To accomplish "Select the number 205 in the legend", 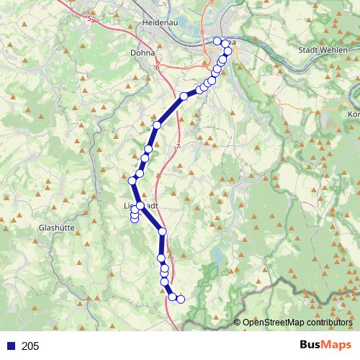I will (x=30, y=346).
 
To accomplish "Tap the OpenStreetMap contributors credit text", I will (x=297, y=323).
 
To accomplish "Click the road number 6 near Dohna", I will (x=157, y=68).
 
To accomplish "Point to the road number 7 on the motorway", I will (x=176, y=146).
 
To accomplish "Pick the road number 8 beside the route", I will (x=170, y=255).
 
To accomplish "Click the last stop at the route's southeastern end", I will (x=181, y=299).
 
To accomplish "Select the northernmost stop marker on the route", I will (x=217, y=41).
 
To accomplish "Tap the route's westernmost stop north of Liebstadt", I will (x=132, y=181).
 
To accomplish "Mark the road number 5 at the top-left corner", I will (x=90, y=19).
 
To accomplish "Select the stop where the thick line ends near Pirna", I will (x=184, y=96).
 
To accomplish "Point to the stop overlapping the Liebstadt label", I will (x=141, y=206).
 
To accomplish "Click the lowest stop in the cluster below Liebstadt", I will (x=135, y=220).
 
